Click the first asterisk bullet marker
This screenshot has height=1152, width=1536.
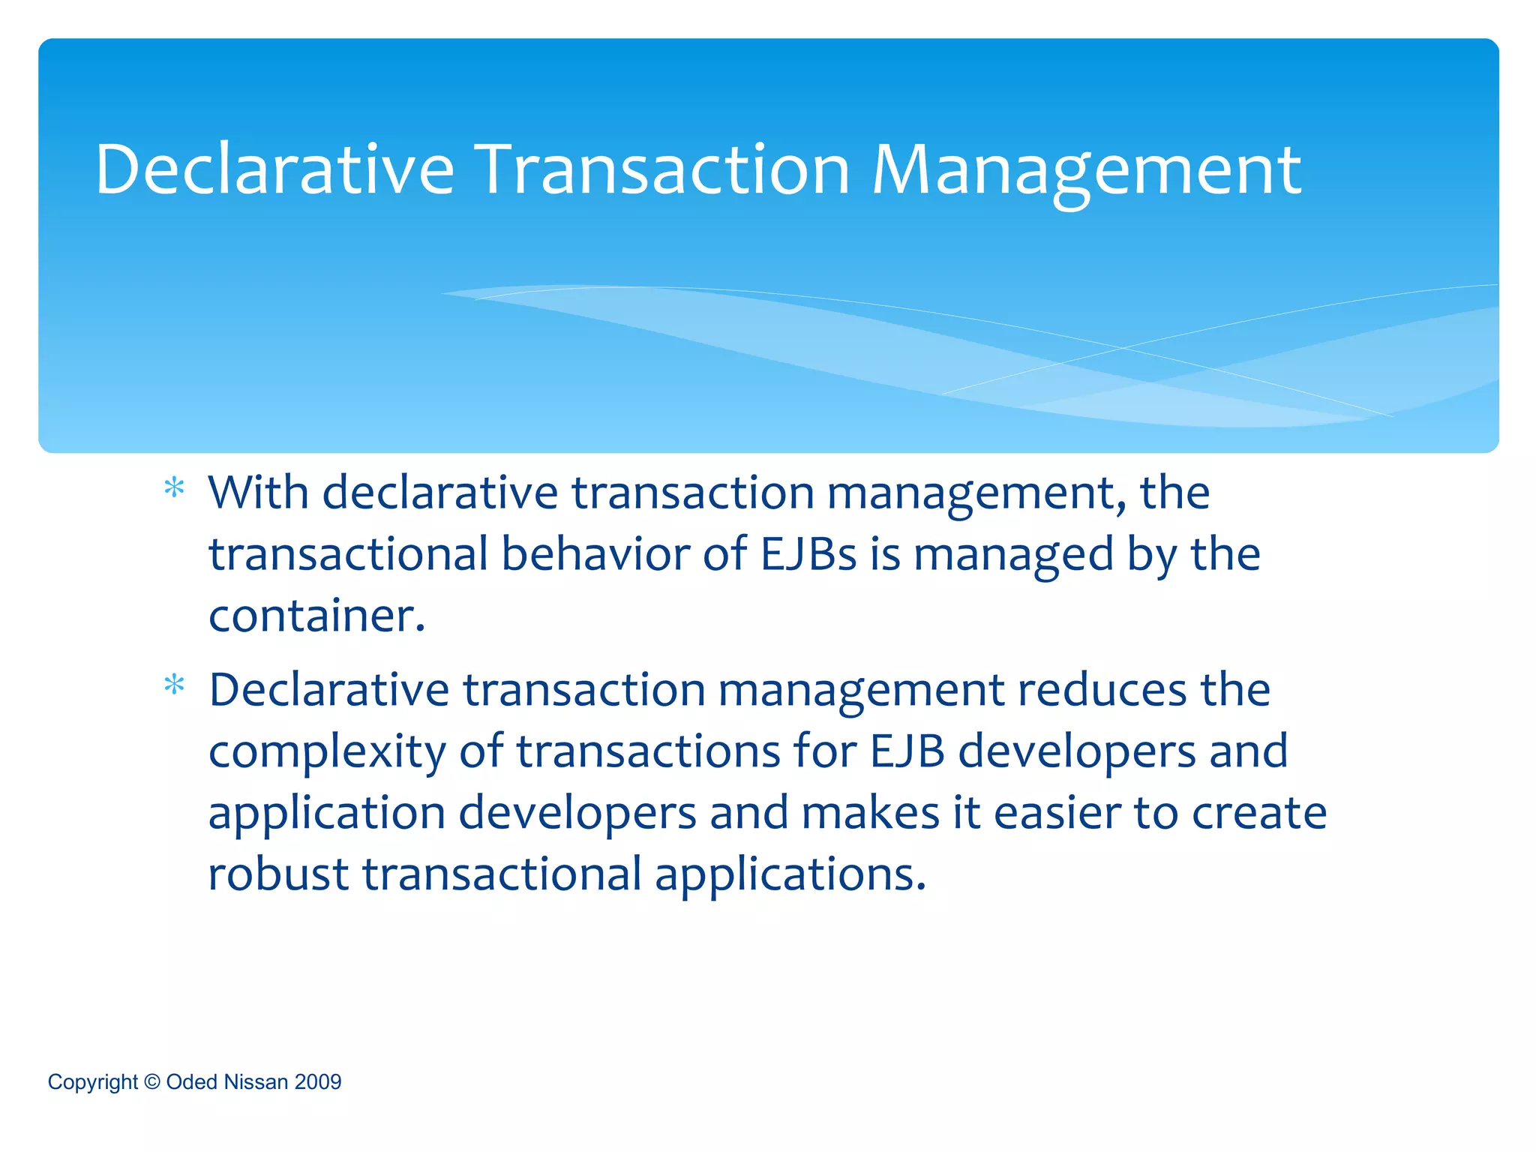(x=174, y=489)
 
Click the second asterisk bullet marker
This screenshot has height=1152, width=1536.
(x=174, y=685)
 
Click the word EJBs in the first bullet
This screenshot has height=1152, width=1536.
(x=808, y=554)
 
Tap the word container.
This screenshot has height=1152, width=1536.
(x=316, y=616)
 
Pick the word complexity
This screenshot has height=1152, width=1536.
(x=326, y=751)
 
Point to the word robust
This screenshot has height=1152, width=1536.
(x=278, y=874)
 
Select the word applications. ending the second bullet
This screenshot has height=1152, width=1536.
(x=790, y=875)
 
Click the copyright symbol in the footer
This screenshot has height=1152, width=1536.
(x=151, y=1082)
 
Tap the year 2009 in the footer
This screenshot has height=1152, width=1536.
(x=318, y=1082)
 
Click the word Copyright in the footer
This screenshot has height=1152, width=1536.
(x=93, y=1082)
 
